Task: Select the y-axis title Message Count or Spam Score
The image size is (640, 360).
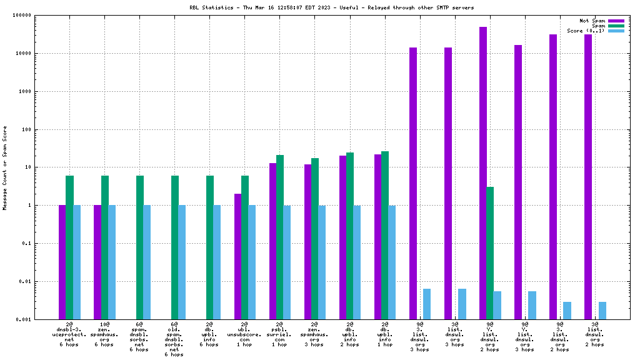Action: pos(5,167)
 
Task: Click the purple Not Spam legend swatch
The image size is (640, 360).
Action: pos(616,21)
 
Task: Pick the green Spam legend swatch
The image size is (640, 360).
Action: pos(616,26)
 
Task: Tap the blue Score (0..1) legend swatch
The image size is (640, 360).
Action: pos(616,31)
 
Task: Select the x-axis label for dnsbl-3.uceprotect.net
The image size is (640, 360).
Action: pos(69,334)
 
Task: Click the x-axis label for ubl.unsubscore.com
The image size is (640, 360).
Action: pos(244,334)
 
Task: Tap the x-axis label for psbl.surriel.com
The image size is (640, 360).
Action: pos(279,334)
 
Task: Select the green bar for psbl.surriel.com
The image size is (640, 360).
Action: pos(280,237)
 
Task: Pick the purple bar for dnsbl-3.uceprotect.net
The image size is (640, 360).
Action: pos(62,262)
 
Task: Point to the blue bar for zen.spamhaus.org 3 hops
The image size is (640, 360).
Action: pos(322,262)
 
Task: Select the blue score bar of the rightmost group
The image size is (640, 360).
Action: pos(602,311)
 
